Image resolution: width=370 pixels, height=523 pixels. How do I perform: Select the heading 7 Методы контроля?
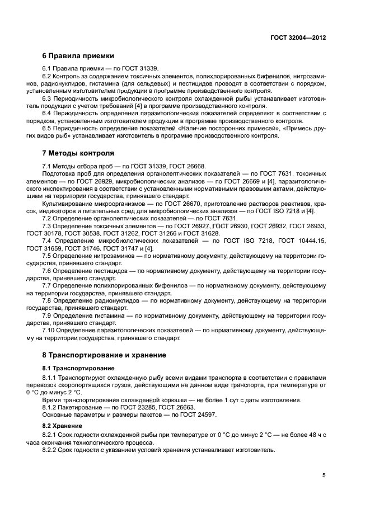coord(78,152)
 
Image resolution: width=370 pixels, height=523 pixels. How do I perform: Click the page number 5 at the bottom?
coord(324,475)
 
